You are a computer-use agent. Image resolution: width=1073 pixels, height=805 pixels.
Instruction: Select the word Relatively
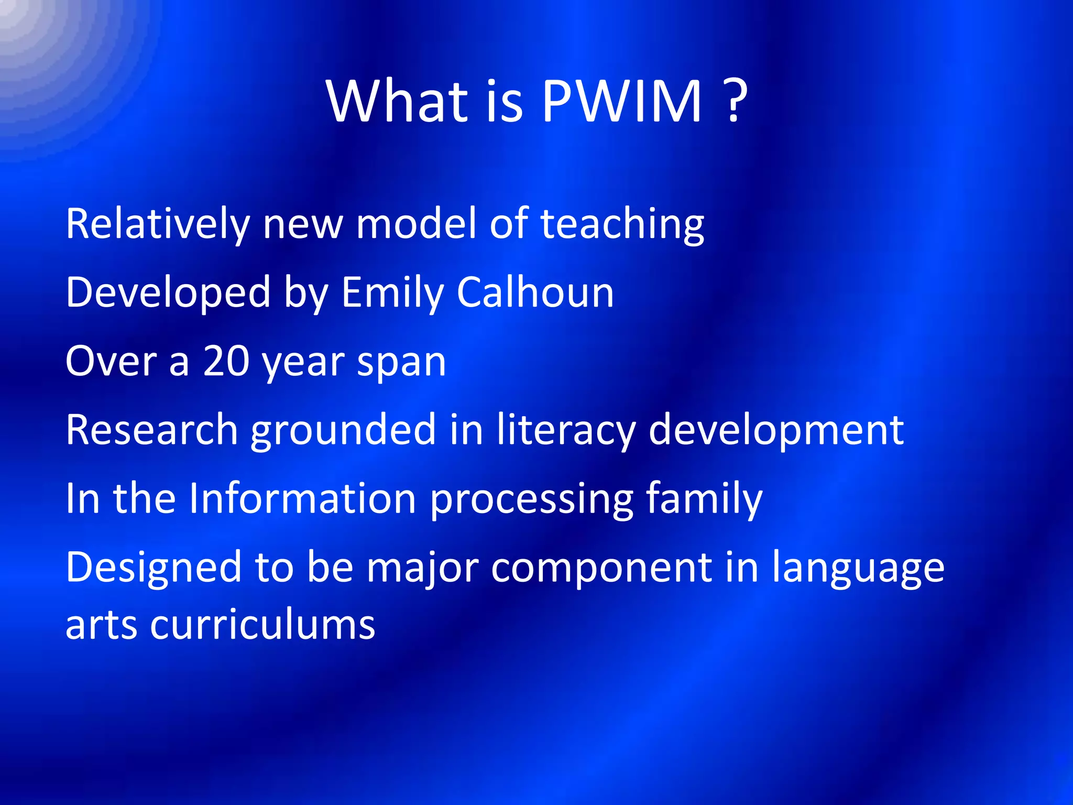(x=158, y=224)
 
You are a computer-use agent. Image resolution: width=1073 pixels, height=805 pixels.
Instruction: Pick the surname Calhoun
(x=535, y=292)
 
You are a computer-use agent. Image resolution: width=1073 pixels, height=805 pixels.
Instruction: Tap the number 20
(x=226, y=361)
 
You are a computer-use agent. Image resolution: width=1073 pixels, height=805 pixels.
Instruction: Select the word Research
(x=152, y=430)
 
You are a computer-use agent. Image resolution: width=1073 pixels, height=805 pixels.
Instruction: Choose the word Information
(x=302, y=498)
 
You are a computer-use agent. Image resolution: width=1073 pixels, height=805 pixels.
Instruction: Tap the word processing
(x=531, y=499)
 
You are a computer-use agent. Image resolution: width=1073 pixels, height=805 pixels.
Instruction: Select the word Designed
(x=153, y=568)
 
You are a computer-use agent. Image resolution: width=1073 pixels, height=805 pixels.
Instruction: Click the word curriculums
(x=262, y=625)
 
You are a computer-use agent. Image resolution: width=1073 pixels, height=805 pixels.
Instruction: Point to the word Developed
(x=168, y=292)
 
